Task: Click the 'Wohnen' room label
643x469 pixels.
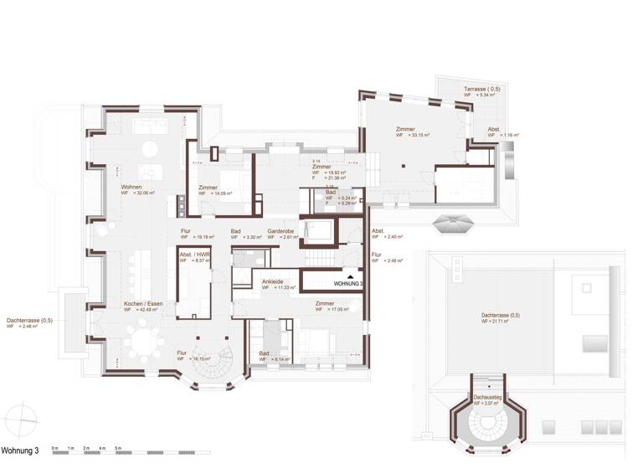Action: point(131,186)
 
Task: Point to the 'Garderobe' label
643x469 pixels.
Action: point(280,230)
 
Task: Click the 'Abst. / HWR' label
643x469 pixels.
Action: point(195,254)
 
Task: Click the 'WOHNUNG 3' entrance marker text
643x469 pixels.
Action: point(348,285)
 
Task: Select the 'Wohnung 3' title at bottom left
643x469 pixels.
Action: point(20,451)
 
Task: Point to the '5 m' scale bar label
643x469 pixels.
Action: point(117,449)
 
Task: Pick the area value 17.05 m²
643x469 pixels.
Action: point(334,310)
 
